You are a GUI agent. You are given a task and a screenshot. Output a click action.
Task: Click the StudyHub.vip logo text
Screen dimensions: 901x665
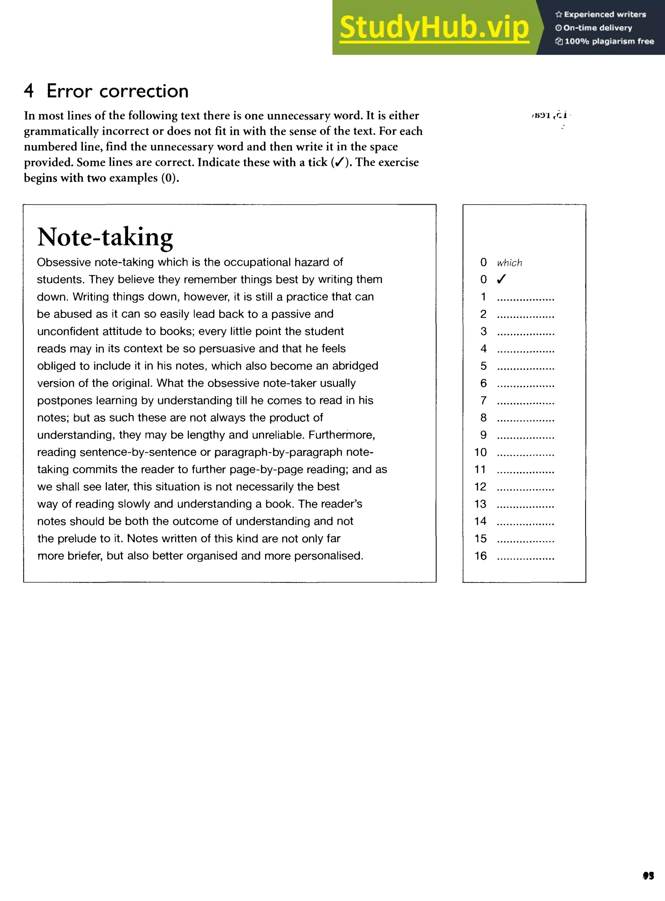click(434, 27)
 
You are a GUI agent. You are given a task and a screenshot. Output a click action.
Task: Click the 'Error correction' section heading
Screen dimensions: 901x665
click(117, 91)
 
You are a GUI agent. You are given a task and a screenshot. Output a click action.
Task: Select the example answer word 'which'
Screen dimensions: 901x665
click(509, 263)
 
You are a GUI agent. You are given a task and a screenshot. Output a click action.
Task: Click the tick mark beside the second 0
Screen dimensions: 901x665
click(501, 279)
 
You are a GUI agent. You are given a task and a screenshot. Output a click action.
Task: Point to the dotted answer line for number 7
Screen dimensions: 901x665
click(525, 402)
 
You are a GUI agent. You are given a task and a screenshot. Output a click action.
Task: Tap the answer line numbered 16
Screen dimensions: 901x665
click(525, 557)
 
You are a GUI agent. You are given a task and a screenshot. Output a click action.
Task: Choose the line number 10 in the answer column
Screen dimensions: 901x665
click(480, 452)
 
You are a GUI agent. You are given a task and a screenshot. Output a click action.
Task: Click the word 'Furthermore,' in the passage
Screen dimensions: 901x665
click(342, 435)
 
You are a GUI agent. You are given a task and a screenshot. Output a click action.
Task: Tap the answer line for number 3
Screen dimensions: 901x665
click(525, 333)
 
